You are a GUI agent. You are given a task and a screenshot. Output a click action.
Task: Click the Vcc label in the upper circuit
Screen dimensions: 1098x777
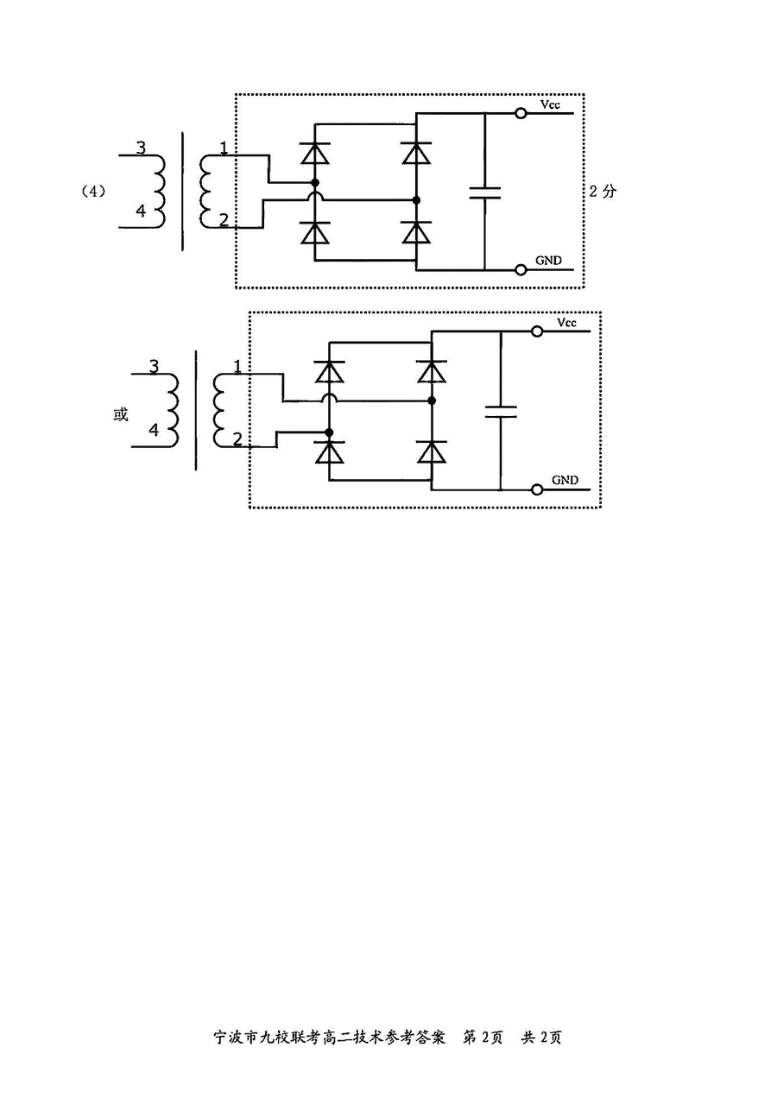549,104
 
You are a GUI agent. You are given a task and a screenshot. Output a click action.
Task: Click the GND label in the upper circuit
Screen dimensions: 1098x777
548,260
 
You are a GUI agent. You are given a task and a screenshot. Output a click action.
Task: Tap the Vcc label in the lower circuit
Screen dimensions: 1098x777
565,323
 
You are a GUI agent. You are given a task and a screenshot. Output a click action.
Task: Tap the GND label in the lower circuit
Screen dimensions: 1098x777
565,480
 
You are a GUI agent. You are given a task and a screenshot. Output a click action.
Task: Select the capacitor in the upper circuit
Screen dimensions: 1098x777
485,192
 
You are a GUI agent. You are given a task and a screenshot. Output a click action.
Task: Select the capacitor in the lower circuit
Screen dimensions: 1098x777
501,410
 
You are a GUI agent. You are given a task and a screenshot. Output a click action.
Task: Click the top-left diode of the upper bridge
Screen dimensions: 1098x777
314,154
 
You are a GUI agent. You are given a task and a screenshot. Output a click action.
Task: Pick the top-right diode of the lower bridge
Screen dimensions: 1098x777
432,371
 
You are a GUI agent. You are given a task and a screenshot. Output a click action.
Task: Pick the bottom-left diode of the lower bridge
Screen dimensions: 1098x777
329,451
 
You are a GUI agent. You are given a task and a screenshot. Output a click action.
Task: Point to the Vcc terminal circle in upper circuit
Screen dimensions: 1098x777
521,113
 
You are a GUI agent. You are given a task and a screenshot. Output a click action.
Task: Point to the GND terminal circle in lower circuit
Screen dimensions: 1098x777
537,489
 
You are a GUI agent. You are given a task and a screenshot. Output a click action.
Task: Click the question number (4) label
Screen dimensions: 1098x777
92,192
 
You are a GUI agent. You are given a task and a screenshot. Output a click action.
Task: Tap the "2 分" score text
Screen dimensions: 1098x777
603,192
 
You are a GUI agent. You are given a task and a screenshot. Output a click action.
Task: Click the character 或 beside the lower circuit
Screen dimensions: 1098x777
121,414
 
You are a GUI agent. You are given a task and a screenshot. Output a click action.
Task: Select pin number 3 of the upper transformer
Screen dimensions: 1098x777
141,148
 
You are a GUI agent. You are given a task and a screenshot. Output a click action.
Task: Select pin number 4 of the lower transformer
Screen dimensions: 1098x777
154,430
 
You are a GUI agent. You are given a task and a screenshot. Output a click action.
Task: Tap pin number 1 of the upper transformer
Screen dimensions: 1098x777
224,148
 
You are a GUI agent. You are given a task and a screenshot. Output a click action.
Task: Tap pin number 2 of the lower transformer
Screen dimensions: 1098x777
237,439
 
